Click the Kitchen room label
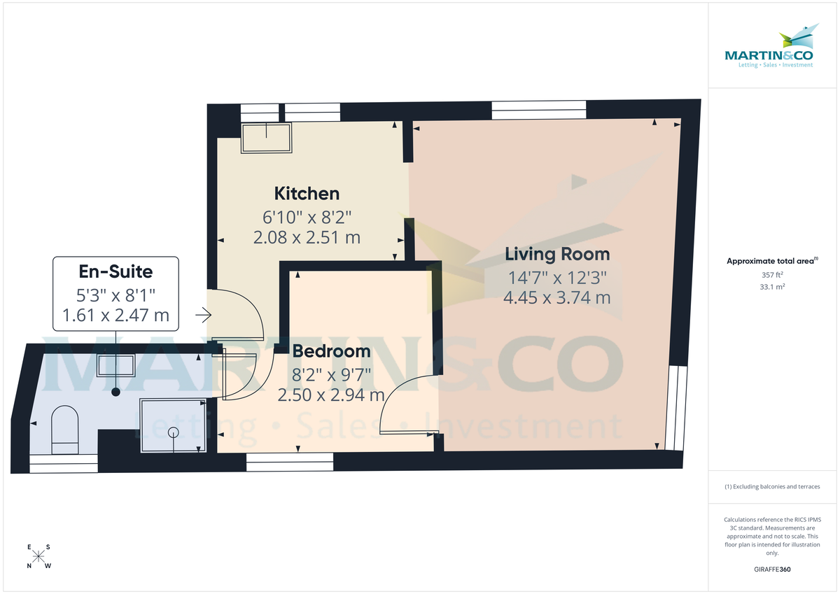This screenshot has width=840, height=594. pyautogui.click(x=307, y=193)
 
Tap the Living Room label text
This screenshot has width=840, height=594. pyautogui.click(x=557, y=254)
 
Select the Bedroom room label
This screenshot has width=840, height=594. pyautogui.click(x=331, y=351)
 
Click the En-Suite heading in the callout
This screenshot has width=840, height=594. pyautogui.click(x=116, y=269)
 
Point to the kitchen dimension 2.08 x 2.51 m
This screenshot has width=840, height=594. pyautogui.click(x=307, y=237)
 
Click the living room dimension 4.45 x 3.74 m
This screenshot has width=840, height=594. pyautogui.click(x=556, y=297)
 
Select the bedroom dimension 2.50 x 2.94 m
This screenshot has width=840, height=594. pyautogui.click(x=331, y=395)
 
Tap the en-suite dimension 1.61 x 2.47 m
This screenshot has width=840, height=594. pyautogui.click(x=116, y=315)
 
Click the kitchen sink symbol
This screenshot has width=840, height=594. pyautogui.click(x=266, y=138)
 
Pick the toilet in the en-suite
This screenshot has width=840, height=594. pyautogui.click(x=65, y=429)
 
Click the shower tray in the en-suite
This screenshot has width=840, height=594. pyautogui.click(x=173, y=425)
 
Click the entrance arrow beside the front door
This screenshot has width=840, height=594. pyautogui.click(x=203, y=316)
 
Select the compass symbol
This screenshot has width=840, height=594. pyautogui.click(x=39, y=557)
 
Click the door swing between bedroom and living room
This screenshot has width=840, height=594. pyautogui.click(x=407, y=406)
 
